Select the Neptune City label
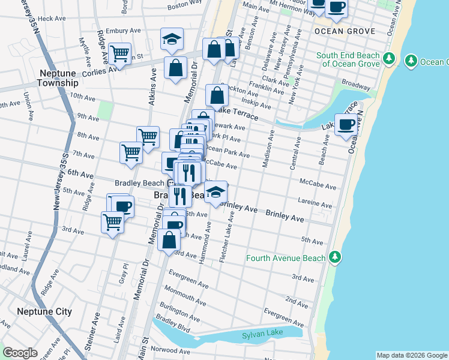(x=44, y=311)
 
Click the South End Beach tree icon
(x=389, y=59)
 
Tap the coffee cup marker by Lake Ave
(x=346, y=125)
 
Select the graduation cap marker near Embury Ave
(x=172, y=40)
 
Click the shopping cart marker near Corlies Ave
(x=120, y=54)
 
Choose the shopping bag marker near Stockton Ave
(x=217, y=95)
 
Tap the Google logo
(x=20, y=353)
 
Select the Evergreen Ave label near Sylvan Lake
(x=283, y=318)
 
